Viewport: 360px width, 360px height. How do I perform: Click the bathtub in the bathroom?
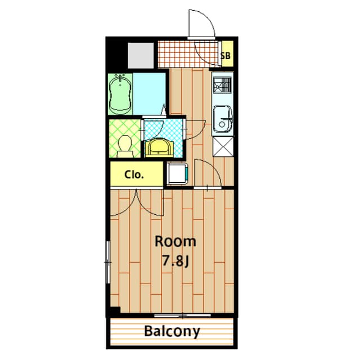(x=121, y=93)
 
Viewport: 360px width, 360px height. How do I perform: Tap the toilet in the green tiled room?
(x=125, y=145)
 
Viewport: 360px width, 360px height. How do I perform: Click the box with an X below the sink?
(x=223, y=147)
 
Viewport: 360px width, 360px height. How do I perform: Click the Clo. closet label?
(x=134, y=174)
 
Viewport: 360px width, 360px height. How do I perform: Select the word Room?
(x=175, y=242)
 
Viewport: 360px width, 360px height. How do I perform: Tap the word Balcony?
(x=172, y=331)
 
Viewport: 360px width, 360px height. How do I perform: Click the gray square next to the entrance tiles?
(x=141, y=55)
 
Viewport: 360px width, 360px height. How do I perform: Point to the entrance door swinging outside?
(x=200, y=25)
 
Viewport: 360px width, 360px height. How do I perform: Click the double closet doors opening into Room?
(x=137, y=202)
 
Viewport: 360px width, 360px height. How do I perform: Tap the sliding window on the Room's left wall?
(x=109, y=262)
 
